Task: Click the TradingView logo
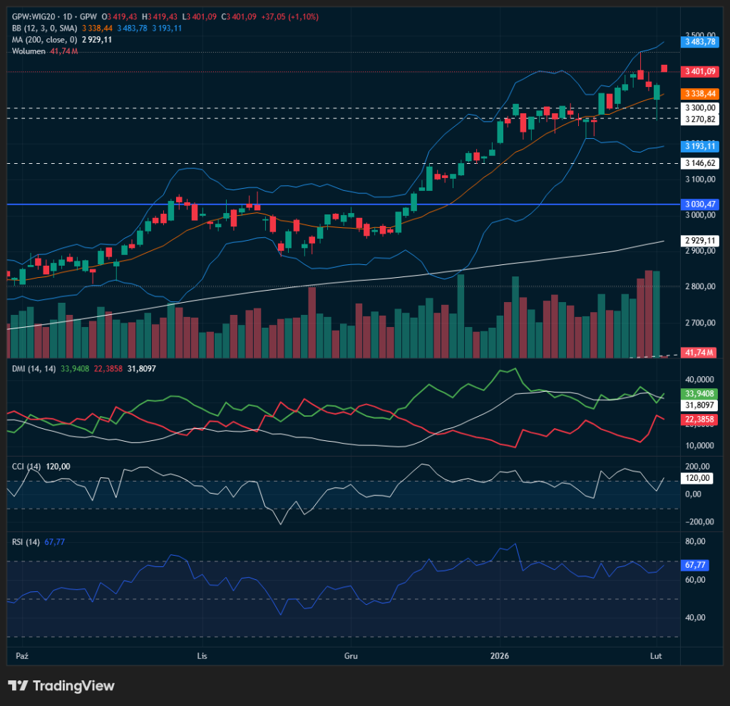tap(61, 685)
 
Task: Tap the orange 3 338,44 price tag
tap(699, 93)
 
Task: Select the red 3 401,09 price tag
tap(699, 71)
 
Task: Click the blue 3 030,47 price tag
tap(699, 204)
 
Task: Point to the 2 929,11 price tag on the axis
tap(699, 241)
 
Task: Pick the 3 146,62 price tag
tap(699, 163)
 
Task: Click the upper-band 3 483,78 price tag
tap(699, 42)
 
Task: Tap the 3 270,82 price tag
tap(699, 119)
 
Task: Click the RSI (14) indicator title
tap(27, 541)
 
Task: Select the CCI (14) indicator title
tap(27, 466)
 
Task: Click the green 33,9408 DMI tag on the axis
tap(699, 393)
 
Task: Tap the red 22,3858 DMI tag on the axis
tap(699, 420)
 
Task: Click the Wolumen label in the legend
tap(29, 51)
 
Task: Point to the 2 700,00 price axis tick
tap(699, 323)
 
